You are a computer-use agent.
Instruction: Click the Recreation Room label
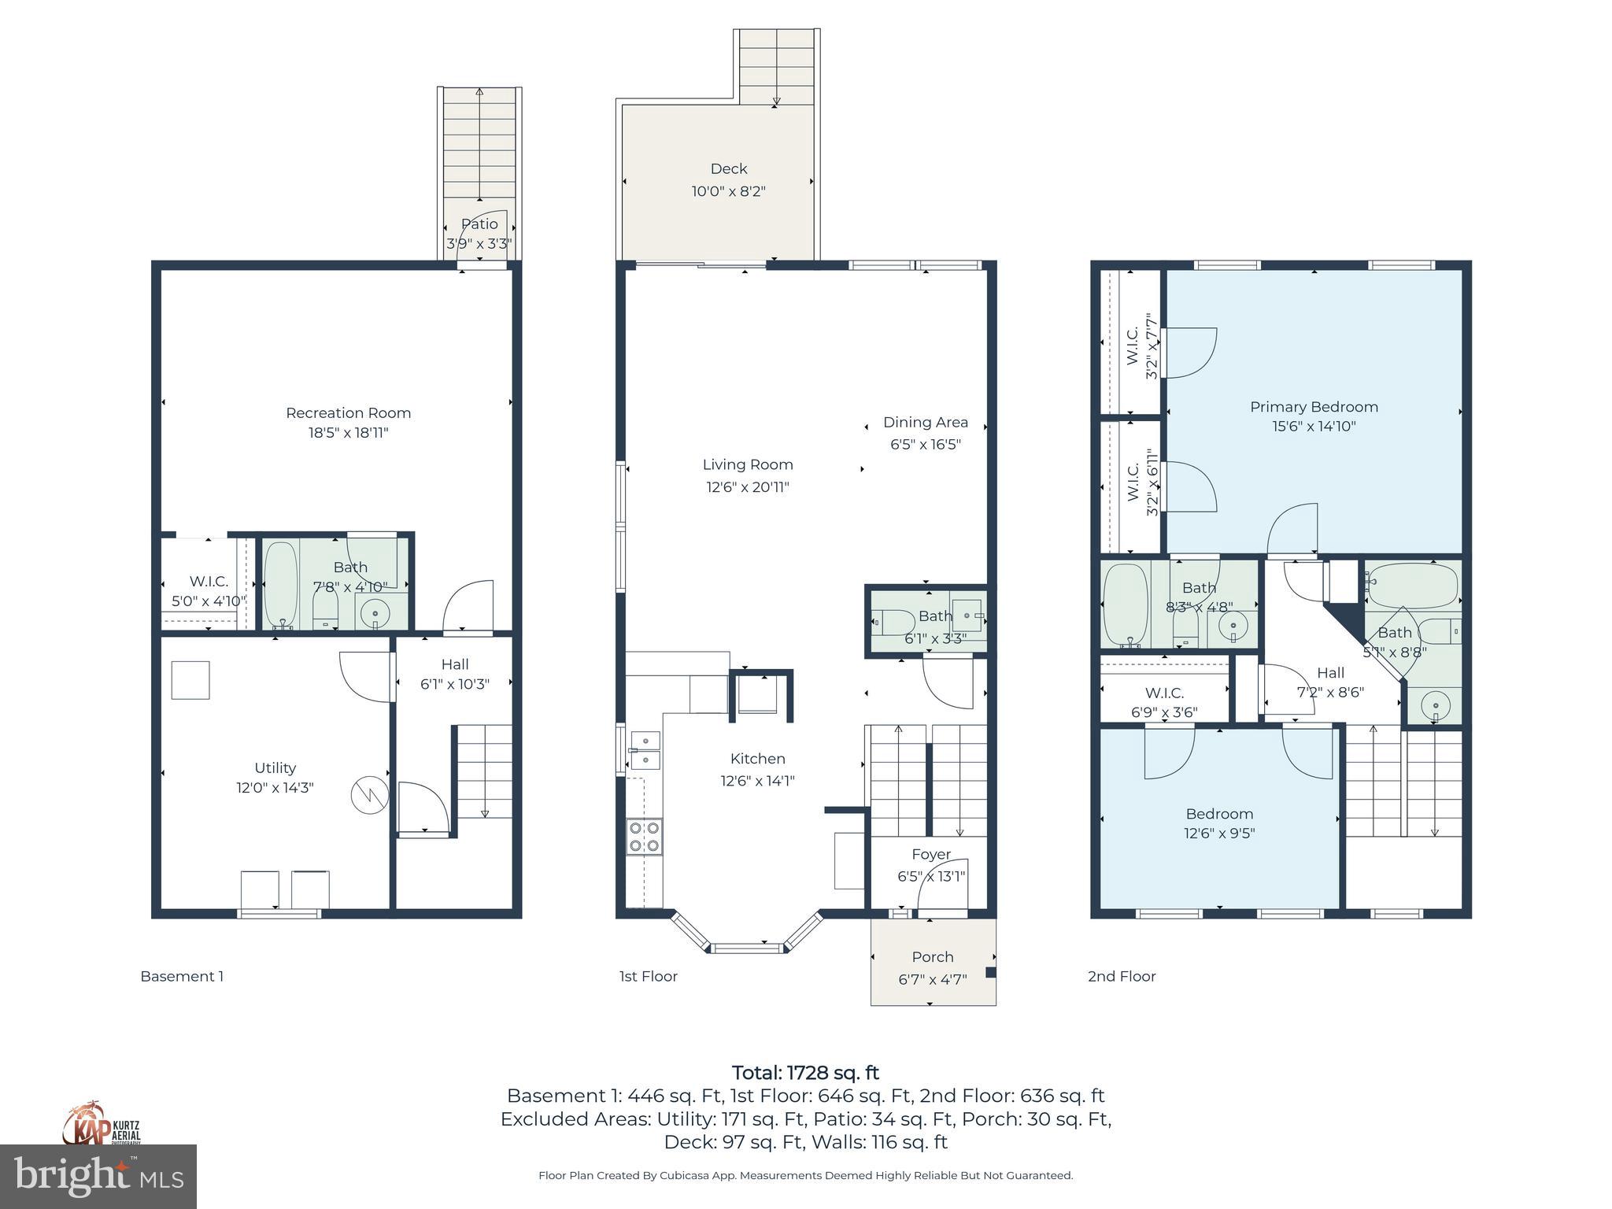pos(348,412)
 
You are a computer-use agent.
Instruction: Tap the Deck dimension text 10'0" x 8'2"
pos(728,191)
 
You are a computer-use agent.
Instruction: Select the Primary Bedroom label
pos(1314,407)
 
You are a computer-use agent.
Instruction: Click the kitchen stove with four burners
pos(644,837)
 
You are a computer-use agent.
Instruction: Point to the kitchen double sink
pos(645,749)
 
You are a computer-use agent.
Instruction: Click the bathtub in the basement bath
pos(280,584)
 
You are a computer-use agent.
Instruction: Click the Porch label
pos(932,957)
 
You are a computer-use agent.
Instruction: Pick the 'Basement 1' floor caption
pos(182,977)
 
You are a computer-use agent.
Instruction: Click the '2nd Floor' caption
pos(1122,977)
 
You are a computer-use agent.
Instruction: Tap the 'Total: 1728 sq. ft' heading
pos(805,1073)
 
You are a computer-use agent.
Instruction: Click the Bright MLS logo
pos(98,1176)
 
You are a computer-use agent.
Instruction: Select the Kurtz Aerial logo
pos(102,1124)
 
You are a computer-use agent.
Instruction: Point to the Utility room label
pos(275,767)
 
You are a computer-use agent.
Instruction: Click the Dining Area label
pos(925,423)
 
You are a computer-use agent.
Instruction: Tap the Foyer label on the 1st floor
pos(931,854)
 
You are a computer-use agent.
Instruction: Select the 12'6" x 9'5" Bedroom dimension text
pos(1219,834)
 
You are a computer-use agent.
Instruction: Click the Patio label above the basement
pos(479,224)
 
